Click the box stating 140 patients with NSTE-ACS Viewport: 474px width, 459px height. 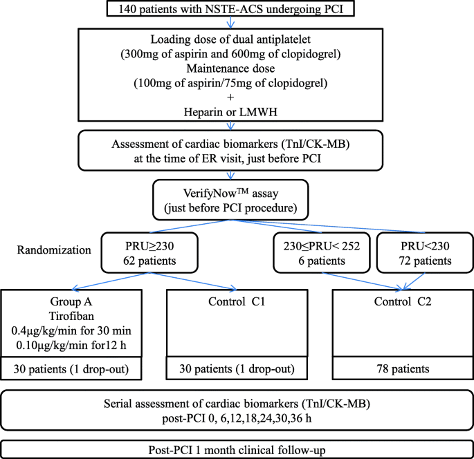(x=230, y=9)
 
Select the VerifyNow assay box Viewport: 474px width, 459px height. (x=230, y=200)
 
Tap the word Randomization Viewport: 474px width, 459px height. (x=54, y=250)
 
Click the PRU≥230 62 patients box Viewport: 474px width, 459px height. (x=149, y=253)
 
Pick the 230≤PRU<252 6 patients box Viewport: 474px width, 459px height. (x=322, y=253)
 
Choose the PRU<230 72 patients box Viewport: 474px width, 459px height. (x=425, y=253)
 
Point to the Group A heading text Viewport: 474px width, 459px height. (x=71, y=301)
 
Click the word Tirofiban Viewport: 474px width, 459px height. (x=71, y=316)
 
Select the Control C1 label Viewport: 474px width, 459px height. (x=237, y=301)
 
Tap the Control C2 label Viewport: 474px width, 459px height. (x=403, y=301)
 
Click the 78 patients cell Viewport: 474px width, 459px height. (x=403, y=368)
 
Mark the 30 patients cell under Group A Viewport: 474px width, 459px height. (x=71, y=368)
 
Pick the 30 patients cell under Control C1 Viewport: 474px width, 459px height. (x=237, y=368)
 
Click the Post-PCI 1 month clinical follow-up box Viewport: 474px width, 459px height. (x=237, y=449)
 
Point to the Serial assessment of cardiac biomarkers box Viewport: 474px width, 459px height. (x=237, y=411)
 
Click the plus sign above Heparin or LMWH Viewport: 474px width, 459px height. (x=230, y=97)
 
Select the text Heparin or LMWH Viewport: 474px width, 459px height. (x=230, y=112)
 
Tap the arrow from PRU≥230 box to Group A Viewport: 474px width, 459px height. (x=111, y=281)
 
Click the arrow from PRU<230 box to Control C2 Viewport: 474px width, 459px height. (x=414, y=281)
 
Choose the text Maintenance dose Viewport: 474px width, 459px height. (x=230, y=68)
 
